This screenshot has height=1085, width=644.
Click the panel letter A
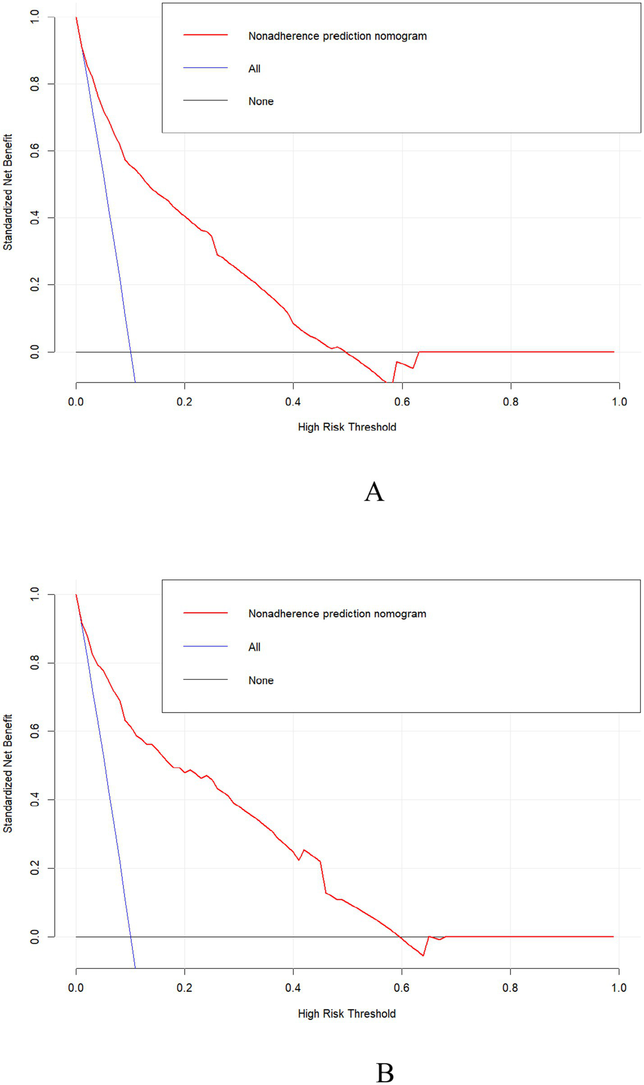(x=374, y=492)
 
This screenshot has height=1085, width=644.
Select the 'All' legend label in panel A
(x=254, y=69)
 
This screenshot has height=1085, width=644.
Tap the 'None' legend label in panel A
(x=261, y=101)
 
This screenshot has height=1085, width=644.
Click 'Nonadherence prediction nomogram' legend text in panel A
(x=337, y=36)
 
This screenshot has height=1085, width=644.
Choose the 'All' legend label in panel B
(x=254, y=647)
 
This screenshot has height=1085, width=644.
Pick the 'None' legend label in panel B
(x=261, y=680)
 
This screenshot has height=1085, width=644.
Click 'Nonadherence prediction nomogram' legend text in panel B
(x=337, y=614)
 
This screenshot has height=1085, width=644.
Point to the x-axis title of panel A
(x=347, y=427)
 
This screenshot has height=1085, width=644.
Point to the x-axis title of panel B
(x=347, y=1013)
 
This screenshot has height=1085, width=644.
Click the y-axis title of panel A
(x=8, y=192)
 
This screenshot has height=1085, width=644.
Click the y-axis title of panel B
(x=8, y=773)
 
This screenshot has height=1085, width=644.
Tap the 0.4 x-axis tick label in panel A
(x=293, y=402)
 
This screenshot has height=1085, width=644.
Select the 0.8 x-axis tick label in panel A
(x=511, y=402)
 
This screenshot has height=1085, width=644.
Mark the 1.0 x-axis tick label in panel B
(x=619, y=988)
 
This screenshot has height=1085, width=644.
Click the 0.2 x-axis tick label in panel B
(x=184, y=988)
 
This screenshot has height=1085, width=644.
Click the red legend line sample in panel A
(x=206, y=35)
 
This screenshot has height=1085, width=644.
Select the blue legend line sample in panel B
(x=206, y=646)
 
